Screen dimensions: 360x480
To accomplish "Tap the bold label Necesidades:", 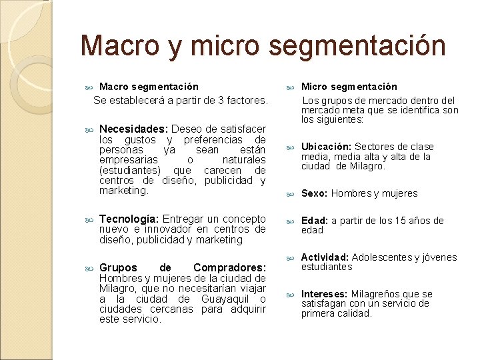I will (133, 129).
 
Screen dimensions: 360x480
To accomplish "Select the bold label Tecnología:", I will (129, 219).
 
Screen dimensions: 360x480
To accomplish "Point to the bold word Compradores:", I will (229, 268).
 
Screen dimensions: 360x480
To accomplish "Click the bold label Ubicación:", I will (326, 147).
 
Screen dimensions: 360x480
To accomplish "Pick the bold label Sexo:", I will (315, 193).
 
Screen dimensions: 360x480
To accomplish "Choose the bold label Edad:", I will (315, 221).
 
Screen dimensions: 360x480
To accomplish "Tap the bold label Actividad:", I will (325, 257).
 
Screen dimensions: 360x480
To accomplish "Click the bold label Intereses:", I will (325, 294).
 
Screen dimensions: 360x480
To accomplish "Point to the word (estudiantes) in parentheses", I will (129, 170).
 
